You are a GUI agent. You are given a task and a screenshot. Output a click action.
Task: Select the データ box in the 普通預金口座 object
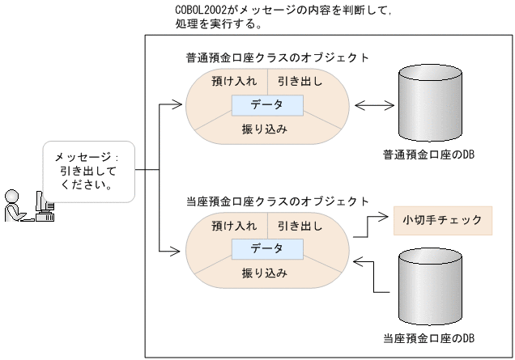click(x=266, y=105)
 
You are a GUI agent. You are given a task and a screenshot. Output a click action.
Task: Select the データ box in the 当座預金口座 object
click(x=266, y=248)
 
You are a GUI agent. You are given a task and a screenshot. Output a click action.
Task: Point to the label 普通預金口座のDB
click(x=429, y=154)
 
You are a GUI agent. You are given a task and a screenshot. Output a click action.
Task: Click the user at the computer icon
click(x=28, y=206)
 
